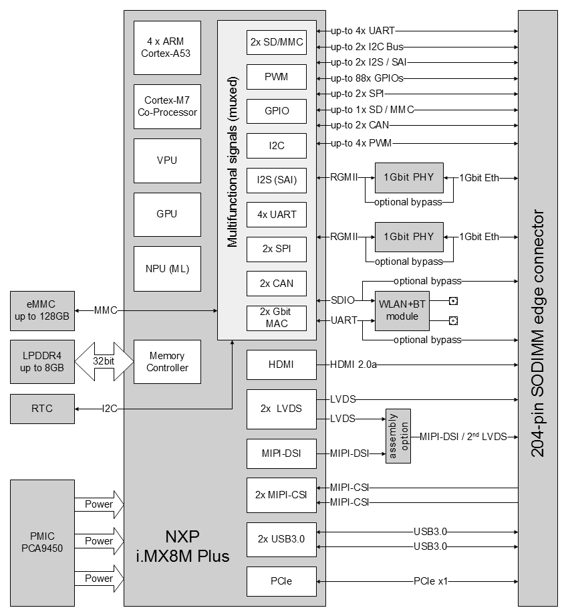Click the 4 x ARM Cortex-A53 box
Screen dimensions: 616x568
click(x=167, y=48)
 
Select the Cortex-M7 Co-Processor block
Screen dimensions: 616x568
click(x=167, y=106)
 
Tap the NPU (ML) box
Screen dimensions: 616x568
click(x=167, y=269)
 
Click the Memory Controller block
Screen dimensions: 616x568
click(x=167, y=362)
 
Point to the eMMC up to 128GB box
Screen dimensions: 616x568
click(x=41, y=311)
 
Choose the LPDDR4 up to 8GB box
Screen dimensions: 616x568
click(x=41, y=362)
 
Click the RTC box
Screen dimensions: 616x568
click(x=41, y=409)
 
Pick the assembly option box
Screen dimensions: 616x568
click(x=398, y=437)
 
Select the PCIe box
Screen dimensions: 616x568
click(x=276, y=582)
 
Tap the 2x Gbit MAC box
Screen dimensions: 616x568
click(x=276, y=317)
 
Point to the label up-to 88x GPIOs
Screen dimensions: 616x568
click(x=367, y=78)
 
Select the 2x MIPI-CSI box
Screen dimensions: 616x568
click(x=281, y=496)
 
